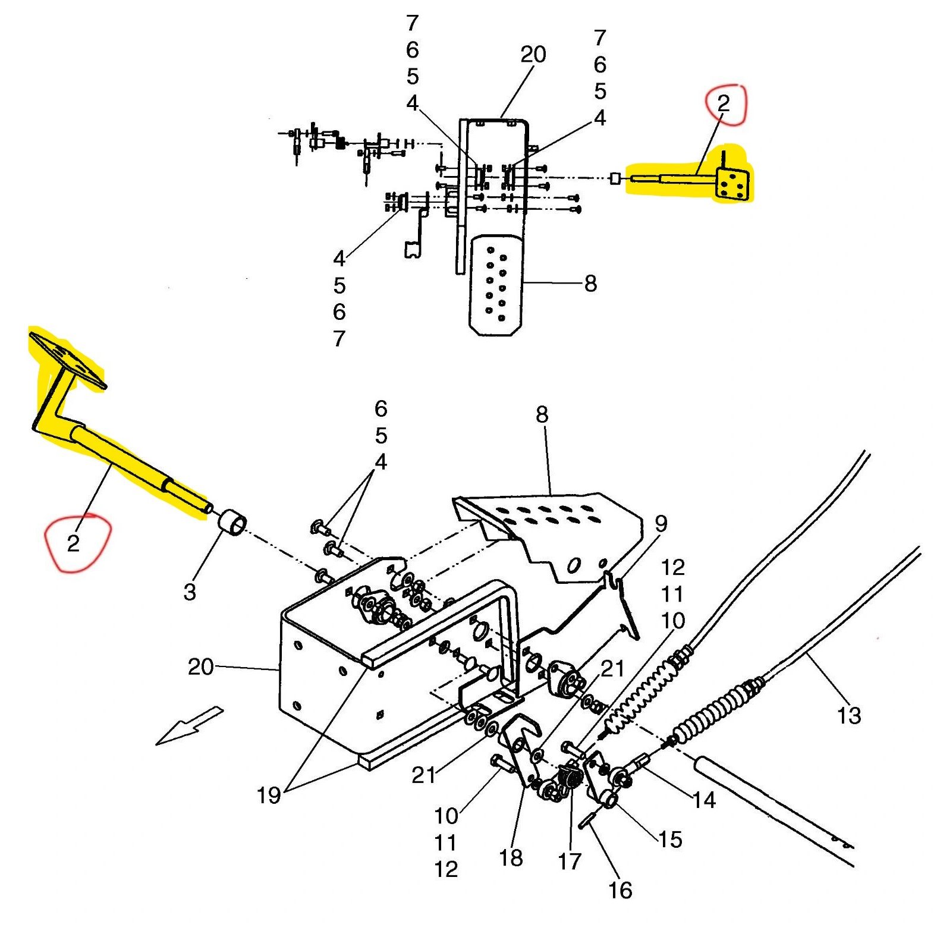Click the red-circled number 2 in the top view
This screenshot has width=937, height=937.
(x=723, y=103)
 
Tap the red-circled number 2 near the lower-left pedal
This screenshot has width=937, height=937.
(x=73, y=543)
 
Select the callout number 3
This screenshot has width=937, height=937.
(x=190, y=592)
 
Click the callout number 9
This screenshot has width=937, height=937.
(x=661, y=523)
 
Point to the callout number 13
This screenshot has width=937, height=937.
(x=848, y=715)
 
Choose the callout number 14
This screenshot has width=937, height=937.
(x=704, y=800)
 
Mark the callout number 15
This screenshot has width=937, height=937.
(x=669, y=839)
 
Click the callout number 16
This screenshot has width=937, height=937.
(x=620, y=890)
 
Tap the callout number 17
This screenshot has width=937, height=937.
(x=569, y=861)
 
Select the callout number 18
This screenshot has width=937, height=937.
(x=511, y=858)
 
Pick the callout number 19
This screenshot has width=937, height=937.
(x=268, y=795)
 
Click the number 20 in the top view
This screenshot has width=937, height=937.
(x=533, y=55)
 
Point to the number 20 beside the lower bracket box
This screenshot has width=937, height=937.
(x=200, y=666)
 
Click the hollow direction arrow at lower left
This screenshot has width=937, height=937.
(x=189, y=725)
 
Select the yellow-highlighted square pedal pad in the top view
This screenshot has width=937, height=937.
(x=732, y=185)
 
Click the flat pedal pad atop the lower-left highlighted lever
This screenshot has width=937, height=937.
(x=67, y=360)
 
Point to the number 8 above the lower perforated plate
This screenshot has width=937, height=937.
(x=542, y=414)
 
